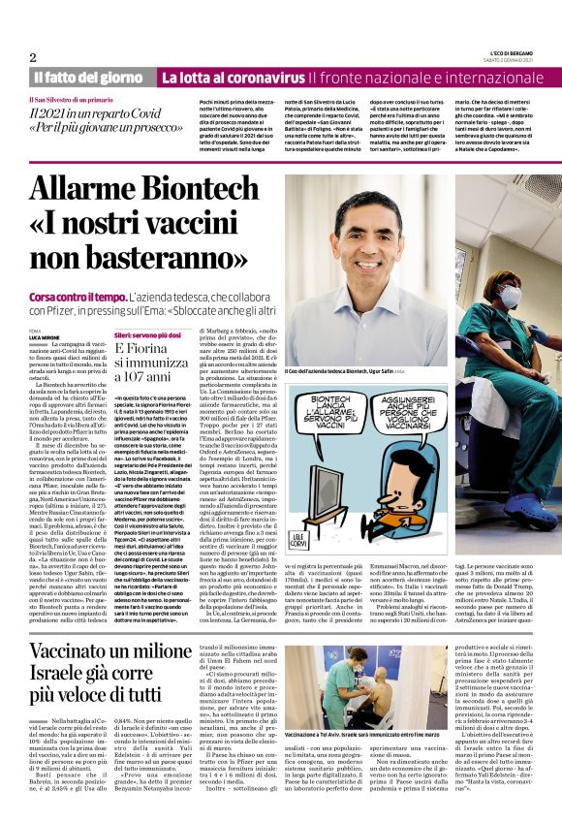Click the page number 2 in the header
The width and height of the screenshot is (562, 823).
(x=33, y=57)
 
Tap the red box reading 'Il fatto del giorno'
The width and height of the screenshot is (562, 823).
(x=90, y=77)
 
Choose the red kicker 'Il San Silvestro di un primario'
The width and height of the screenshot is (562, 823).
(x=71, y=101)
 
